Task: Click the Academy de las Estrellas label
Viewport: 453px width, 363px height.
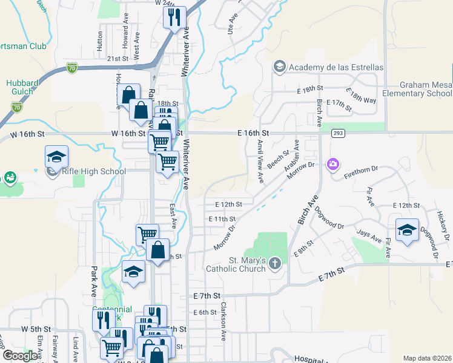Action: click(336, 67)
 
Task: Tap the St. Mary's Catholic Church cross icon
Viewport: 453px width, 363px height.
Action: click(275, 263)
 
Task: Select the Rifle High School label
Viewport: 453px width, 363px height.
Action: click(94, 171)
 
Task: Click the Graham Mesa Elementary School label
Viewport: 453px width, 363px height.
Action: click(426, 90)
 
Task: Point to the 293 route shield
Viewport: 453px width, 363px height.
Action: click(338, 132)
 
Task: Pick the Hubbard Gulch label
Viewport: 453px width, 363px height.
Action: click(22, 88)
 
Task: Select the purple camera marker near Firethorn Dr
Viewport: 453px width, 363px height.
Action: click(332, 164)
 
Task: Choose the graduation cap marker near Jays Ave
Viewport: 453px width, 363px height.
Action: click(407, 229)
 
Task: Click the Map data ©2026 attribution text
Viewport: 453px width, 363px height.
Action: click(427, 358)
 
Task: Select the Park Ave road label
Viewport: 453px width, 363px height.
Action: click(94, 281)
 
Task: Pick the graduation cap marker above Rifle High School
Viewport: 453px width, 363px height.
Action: click(56, 157)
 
